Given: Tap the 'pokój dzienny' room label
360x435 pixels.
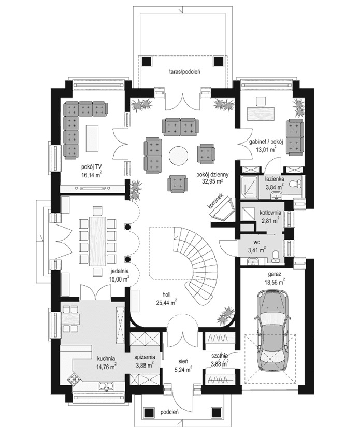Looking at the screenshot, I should [210, 175].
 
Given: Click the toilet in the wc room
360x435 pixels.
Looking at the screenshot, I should [277, 252].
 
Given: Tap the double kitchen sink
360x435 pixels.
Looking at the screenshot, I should [107, 386].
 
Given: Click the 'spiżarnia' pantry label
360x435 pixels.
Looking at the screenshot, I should [144, 358].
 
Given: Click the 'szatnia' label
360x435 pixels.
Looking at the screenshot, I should [220, 358].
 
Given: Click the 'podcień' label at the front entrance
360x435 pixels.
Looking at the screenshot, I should [169, 412].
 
